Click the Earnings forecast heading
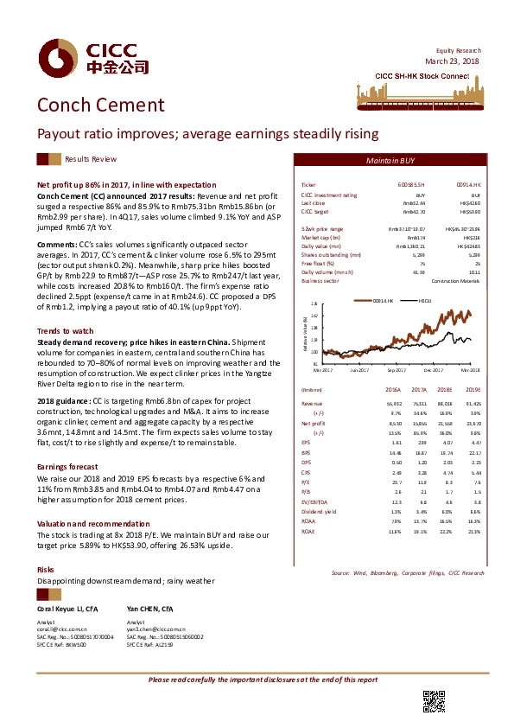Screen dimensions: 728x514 tap(67, 465)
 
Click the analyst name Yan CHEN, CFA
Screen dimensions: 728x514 tap(150, 610)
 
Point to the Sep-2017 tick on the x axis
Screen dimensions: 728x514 tap(397, 369)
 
